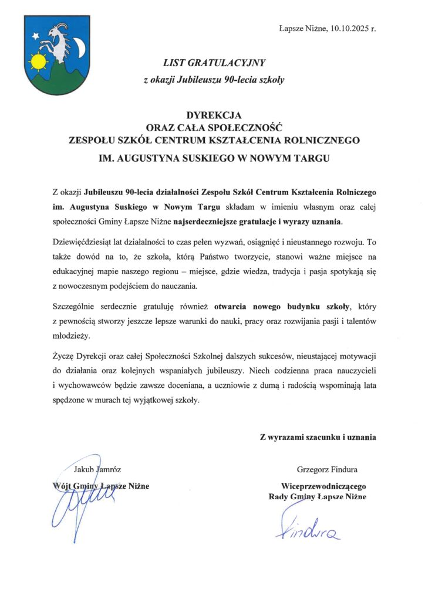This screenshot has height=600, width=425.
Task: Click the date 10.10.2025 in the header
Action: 351,28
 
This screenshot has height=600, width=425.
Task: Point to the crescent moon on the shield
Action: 80,46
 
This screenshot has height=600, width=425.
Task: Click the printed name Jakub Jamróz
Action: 97,469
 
